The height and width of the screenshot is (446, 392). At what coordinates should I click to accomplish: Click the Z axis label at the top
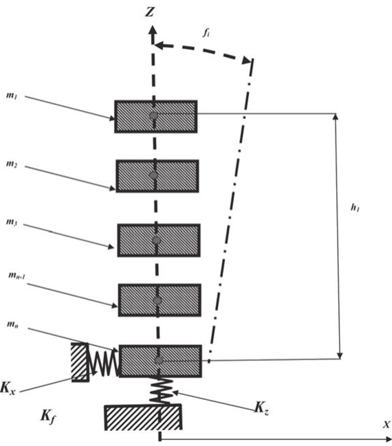point(150,12)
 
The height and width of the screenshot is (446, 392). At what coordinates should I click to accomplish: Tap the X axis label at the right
point(386,424)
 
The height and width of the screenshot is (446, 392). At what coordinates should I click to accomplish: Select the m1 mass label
point(12,95)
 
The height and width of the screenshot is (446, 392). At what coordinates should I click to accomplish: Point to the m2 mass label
point(12,164)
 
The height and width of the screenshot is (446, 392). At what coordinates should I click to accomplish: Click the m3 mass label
point(12,221)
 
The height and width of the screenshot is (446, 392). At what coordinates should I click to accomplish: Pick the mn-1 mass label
point(17,275)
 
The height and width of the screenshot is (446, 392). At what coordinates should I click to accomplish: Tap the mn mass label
point(12,324)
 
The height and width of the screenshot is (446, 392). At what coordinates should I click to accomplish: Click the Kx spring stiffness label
point(8,388)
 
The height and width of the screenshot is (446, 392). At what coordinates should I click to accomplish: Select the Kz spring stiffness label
point(261,408)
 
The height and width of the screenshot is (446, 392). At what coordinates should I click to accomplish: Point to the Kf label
point(48,416)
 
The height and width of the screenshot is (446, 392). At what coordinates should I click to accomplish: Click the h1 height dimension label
point(355,208)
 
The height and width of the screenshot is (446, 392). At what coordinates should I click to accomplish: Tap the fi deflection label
point(206,33)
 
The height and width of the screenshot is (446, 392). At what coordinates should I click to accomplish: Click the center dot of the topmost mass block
point(154,115)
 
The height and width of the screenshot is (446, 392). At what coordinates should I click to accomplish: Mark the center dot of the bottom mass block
point(159,360)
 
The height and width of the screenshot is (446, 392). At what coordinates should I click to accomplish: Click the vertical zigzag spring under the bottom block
point(161,390)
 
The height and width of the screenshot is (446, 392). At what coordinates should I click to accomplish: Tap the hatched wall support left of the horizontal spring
point(80,361)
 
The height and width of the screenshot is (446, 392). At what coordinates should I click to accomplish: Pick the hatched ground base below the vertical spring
point(143,417)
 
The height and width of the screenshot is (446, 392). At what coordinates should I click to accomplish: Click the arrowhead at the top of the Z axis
point(153,30)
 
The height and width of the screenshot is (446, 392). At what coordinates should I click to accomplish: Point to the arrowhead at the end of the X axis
point(388,439)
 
